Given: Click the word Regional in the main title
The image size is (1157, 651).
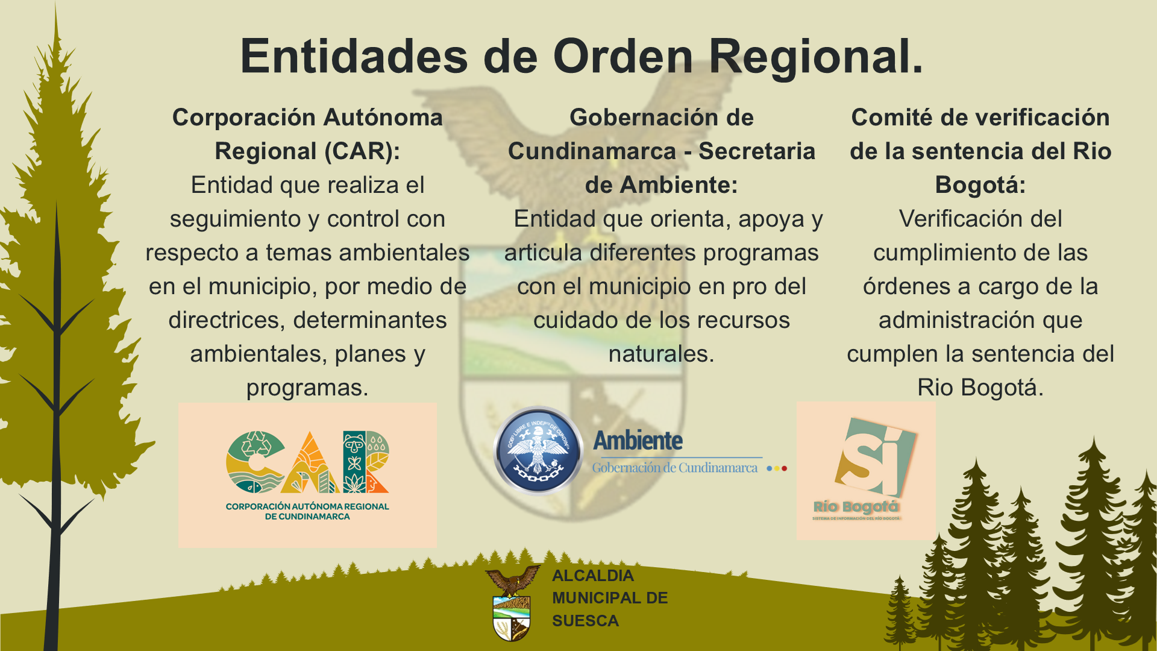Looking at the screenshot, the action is pyautogui.click(x=815, y=56).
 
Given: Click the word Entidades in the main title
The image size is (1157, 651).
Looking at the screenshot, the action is pyautogui.click(x=354, y=56).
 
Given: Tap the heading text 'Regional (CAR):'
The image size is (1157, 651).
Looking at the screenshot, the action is pyautogui.click(x=307, y=151).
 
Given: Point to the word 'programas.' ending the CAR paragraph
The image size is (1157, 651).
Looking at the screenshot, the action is pyautogui.click(x=307, y=388).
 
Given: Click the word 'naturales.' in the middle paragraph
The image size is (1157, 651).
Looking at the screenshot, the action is pyautogui.click(x=662, y=354).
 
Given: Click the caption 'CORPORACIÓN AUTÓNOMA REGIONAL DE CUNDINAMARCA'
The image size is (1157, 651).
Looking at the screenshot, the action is pyautogui.click(x=307, y=511).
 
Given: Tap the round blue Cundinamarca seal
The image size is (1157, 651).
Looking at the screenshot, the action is pyautogui.click(x=538, y=450).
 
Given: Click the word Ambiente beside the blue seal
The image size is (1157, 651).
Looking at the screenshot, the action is pyautogui.click(x=638, y=441).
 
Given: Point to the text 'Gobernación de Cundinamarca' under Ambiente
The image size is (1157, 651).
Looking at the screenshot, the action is pyautogui.click(x=675, y=467).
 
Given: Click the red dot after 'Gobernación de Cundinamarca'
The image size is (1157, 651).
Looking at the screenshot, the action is pyautogui.click(x=784, y=468).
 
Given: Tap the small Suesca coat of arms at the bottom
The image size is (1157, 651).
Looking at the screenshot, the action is pyautogui.click(x=512, y=603).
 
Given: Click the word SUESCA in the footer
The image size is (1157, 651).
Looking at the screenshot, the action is pyautogui.click(x=585, y=621).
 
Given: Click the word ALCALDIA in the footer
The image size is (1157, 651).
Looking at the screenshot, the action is pyautogui.click(x=593, y=576).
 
